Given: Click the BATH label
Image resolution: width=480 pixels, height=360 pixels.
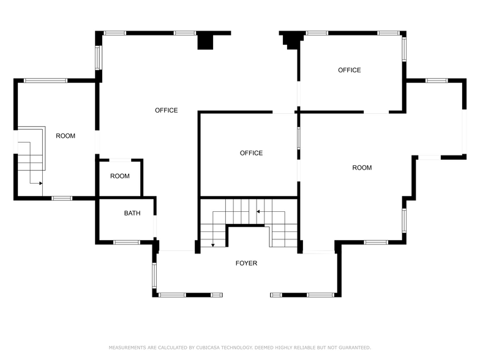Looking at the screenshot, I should pyautogui.click(x=132, y=214).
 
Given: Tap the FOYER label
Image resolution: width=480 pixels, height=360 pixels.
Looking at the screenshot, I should pyautogui.click(x=247, y=263).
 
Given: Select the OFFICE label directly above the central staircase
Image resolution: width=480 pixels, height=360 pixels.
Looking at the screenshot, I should pyautogui.click(x=251, y=153).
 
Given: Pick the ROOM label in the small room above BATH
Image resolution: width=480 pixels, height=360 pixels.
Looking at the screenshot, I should pyautogui.click(x=120, y=176).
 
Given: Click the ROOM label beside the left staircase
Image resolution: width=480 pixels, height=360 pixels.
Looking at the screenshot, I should pyautogui.click(x=66, y=136).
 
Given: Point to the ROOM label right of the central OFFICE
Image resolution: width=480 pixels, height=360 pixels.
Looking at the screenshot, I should pyautogui.click(x=362, y=168).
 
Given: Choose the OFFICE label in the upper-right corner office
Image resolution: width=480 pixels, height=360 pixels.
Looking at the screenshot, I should pyautogui.click(x=350, y=70).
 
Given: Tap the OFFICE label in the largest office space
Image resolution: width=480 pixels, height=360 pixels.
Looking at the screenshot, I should pyautogui.click(x=166, y=110).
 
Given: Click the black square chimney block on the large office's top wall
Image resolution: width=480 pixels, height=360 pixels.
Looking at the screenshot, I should pyautogui.click(x=205, y=40).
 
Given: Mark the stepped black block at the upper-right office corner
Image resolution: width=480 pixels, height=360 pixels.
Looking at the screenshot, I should pyautogui.click(x=291, y=40).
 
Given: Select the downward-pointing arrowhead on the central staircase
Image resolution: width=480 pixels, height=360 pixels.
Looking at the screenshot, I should pyautogui.click(x=212, y=245).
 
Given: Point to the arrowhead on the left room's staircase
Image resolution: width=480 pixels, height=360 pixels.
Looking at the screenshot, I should pyautogui.click(x=40, y=183).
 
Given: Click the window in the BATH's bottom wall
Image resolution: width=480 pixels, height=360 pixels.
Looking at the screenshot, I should pyautogui.click(x=127, y=242).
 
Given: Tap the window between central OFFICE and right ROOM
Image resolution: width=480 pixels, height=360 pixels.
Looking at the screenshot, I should pyautogui.click(x=299, y=138).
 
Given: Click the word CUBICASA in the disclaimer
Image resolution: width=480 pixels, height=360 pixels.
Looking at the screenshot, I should pyautogui.click(x=215, y=347).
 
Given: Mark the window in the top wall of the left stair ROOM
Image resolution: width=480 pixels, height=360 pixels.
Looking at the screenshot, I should pyautogui.click(x=45, y=80).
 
